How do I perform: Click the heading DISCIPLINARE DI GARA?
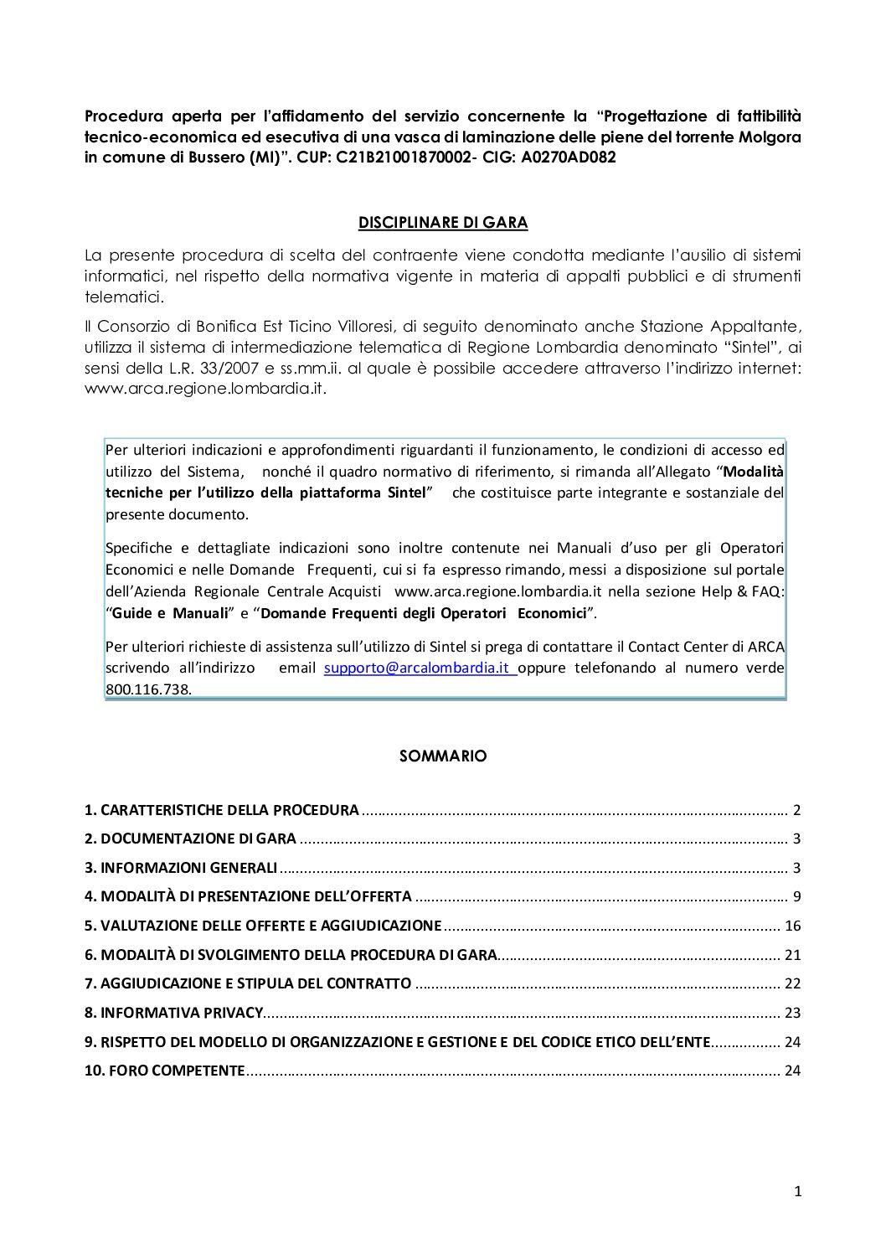(443, 223)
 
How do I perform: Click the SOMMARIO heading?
(443, 756)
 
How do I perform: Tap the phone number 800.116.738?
(147, 690)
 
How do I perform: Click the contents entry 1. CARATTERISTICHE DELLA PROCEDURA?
(222, 810)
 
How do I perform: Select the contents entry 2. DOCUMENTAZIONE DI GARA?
(190, 839)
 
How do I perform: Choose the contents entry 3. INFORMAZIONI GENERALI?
(181, 868)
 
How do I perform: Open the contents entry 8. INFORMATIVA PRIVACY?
(174, 1013)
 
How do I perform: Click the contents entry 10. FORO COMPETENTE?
(165, 1071)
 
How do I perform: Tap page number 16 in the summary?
(792, 926)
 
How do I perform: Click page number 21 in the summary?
(792, 955)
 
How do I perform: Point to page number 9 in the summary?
(796, 896)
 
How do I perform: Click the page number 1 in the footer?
(797, 1192)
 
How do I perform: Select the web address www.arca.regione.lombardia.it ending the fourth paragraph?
(204, 390)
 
